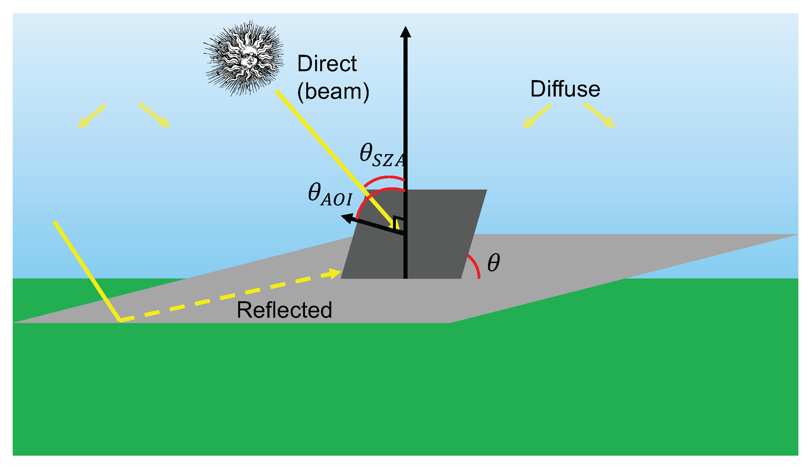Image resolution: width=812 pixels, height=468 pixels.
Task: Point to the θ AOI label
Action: [x=330, y=195]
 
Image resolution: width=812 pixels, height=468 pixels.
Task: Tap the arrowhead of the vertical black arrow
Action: [x=405, y=32]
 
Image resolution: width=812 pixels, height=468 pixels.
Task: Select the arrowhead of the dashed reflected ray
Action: [x=335, y=273]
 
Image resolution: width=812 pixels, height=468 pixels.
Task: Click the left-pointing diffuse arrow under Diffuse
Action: [x=536, y=116]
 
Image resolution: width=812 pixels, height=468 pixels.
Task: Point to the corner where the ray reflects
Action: [x=120, y=321]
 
